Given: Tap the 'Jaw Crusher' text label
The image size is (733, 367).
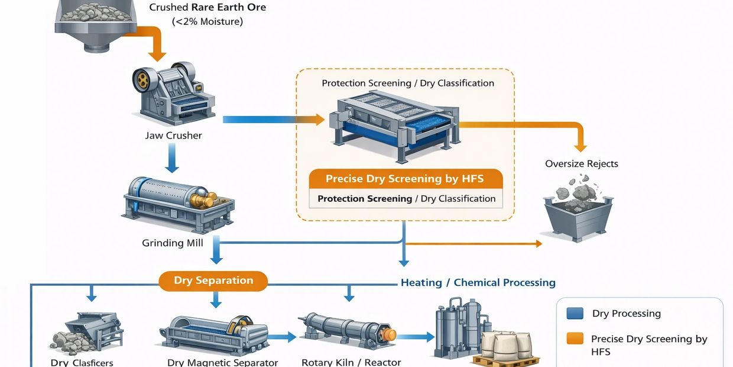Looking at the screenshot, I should (173, 136).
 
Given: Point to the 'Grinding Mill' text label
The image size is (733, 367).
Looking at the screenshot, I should (172, 243).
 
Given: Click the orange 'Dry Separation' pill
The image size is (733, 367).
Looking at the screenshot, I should (213, 281).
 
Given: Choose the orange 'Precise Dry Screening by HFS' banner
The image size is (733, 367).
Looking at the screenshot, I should (405, 179).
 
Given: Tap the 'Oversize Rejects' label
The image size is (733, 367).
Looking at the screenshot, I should (581, 164).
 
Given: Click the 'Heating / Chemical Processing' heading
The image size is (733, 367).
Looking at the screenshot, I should (478, 282).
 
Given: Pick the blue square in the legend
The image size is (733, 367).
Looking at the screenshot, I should (575, 314).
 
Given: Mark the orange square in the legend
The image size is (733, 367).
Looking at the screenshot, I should (575, 339).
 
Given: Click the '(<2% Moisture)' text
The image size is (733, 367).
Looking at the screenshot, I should (207, 22).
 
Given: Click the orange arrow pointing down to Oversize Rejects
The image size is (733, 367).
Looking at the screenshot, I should (580, 139).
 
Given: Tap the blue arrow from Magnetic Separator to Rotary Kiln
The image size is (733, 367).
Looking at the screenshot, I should (283, 337).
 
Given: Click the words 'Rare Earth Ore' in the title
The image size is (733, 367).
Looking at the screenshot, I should (228, 8).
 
